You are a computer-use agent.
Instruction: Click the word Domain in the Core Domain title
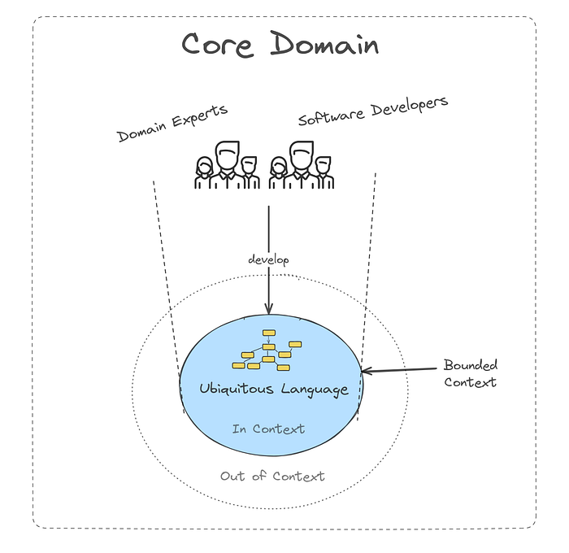tap(324, 44)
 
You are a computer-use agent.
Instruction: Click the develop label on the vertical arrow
tap(268, 259)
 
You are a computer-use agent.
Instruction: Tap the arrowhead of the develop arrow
tap(268, 309)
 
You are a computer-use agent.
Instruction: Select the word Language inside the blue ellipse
tap(315, 389)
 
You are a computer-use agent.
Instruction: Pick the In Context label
tap(268, 429)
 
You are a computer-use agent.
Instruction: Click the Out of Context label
tap(272, 476)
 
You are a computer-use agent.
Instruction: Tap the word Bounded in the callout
tap(470, 365)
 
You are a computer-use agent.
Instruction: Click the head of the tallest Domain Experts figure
tap(227, 153)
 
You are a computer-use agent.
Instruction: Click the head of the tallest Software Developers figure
tap(302, 153)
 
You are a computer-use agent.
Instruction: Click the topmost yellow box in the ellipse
tap(267, 333)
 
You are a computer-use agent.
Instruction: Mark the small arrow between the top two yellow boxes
tap(268, 340)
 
